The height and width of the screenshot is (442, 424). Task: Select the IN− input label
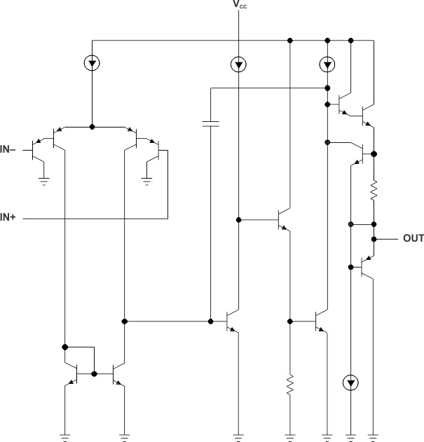pyautogui.click(x=9, y=149)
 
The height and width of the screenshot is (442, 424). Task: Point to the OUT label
pyautogui.click(x=413, y=239)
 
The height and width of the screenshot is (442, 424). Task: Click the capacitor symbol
pyautogui.click(x=210, y=124)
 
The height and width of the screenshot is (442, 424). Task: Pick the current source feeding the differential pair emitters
pyautogui.click(x=92, y=64)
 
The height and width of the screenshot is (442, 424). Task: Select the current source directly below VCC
pyautogui.click(x=239, y=64)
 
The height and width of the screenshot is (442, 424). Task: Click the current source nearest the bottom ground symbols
pyautogui.click(x=350, y=382)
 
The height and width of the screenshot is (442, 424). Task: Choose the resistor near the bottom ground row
pyautogui.click(x=289, y=387)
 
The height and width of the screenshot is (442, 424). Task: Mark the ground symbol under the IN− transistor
pyautogui.click(x=43, y=181)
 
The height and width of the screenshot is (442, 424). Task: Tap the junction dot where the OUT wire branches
pyautogui.click(x=374, y=239)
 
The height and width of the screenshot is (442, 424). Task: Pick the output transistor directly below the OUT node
pyautogui.click(x=367, y=266)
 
